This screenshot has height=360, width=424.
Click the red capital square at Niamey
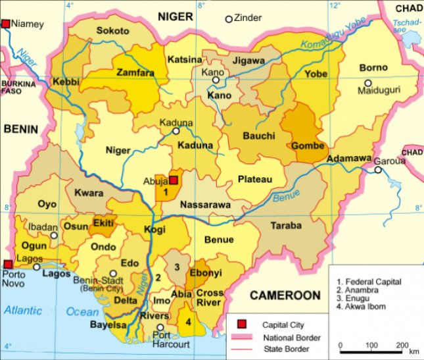click(7, 24)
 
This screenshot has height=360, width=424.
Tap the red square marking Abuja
click(174, 180)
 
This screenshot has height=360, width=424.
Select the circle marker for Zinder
click(229, 19)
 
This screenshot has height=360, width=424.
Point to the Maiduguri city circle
click(368, 83)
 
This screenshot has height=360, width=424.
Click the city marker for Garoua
click(378, 170)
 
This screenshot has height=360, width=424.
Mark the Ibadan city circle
click(54, 234)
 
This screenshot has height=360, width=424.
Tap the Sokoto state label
click(112, 31)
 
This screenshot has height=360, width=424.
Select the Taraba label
click(287, 225)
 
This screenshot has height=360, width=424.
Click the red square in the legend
click(242, 324)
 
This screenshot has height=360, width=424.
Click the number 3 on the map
click(176, 266)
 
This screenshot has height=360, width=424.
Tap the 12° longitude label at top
click(337, 5)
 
